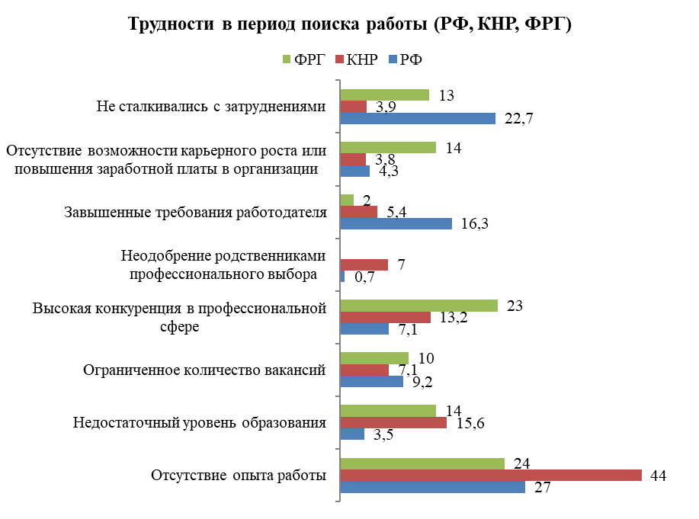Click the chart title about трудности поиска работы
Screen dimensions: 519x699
click(349, 24)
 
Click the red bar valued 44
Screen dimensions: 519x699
click(490, 475)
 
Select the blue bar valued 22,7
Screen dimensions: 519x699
click(418, 118)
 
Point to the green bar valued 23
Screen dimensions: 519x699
click(418, 306)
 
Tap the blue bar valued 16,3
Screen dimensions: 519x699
click(396, 224)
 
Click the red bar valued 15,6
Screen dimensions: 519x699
click(393, 423)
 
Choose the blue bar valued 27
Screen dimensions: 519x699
click(432, 487)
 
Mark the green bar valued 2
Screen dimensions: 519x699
click(347, 200)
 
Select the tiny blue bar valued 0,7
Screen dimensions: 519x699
click(342, 277)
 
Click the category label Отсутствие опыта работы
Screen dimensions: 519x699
click(239, 476)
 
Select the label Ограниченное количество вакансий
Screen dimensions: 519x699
click(204, 370)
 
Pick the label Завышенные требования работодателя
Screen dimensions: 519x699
click(195, 212)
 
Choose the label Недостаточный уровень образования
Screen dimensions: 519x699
click(200, 423)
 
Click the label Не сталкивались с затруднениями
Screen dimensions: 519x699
click(212, 106)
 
